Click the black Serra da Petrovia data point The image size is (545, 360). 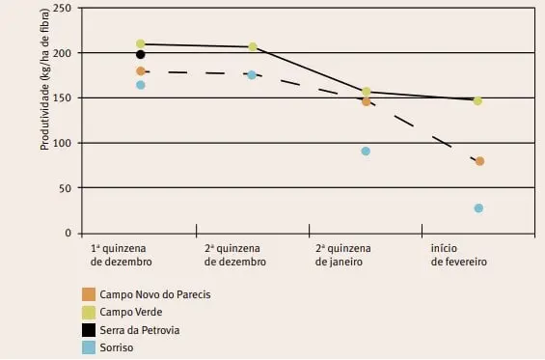click(141, 55)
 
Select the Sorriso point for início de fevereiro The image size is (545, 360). click(478, 208)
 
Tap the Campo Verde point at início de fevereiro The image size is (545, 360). click(477, 100)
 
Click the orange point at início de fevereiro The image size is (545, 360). click(479, 161)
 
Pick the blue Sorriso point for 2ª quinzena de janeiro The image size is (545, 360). click(366, 152)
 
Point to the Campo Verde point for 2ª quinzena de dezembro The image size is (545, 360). click(253, 46)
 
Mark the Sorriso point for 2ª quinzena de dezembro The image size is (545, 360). click(253, 74)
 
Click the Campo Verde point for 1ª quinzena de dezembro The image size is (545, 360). click(141, 43)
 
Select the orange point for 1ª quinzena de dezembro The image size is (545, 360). click(141, 70)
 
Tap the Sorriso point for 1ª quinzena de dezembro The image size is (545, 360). click(141, 85)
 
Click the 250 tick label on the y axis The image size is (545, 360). click(61, 8)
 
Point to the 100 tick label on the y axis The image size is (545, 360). click(61, 143)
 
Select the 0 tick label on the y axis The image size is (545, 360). click(68, 234)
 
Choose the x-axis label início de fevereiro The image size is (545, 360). click(459, 255)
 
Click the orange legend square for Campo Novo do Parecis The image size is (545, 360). click(89, 292)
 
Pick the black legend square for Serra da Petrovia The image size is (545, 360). click(89, 329)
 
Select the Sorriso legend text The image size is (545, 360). click(121, 347)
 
